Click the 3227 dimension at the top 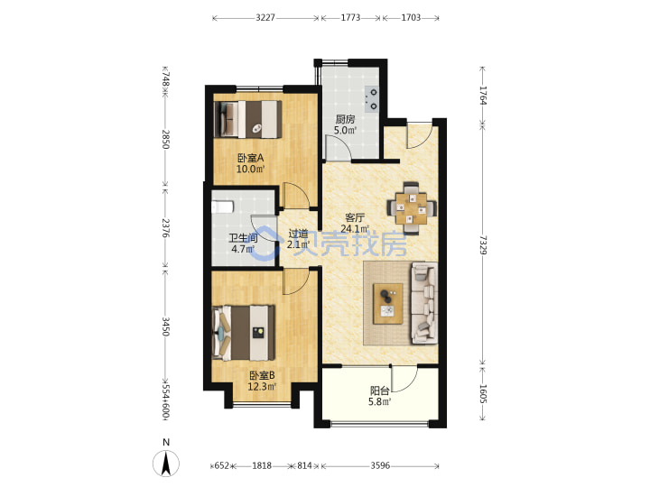coord(265,18)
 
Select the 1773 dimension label coord(350,18)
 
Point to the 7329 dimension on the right coord(483,244)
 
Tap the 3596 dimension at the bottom coord(380,465)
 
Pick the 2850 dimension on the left coord(166,139)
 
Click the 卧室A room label coord(251,158)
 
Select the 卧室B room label coord(262,375)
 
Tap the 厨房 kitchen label coord(345,120)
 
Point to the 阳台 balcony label coord(380,391)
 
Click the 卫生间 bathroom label coord(243,238)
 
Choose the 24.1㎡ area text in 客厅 coord(355,228)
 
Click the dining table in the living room coord(412,208)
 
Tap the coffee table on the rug coord(388,304)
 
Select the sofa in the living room coord(424,304)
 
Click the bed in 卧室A coord(248,119)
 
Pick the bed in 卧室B coord(244,333)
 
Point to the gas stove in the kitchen coord(371,99)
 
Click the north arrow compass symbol coord(166,463)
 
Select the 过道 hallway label coord(298,234)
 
